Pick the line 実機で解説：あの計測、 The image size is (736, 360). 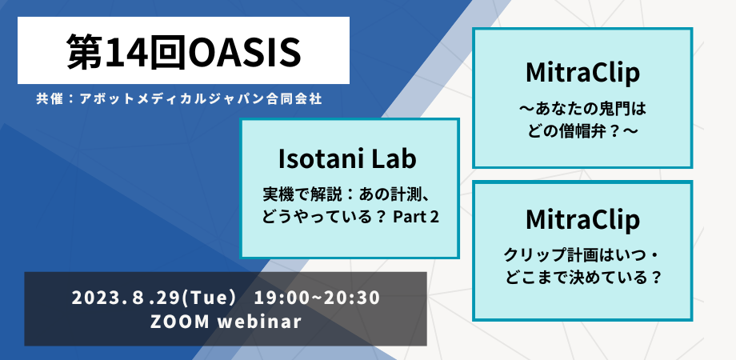click(348, 194)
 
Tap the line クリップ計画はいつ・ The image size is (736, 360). click(582, 255)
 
